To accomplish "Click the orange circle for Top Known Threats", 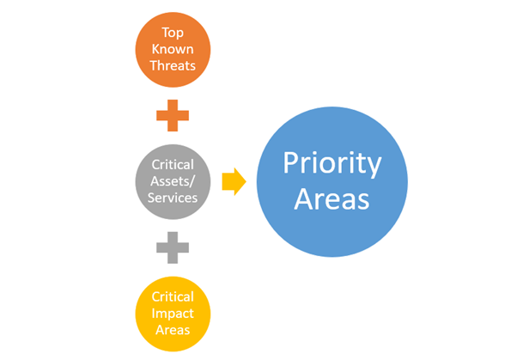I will tap(173, 48).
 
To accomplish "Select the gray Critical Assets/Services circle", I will tap(173, 180).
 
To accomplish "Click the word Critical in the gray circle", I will tap(173, 164).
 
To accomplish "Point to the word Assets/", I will tap(173, 180).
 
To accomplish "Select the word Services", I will tap(173, 197).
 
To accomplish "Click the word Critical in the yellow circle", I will tap(173, 296).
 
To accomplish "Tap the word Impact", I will tap(173, 313).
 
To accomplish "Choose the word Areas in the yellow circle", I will tap(173, 329).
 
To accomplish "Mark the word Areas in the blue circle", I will tap(331, 200).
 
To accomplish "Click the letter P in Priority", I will tap(290, 163).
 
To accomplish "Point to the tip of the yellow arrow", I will tap(245, 181).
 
